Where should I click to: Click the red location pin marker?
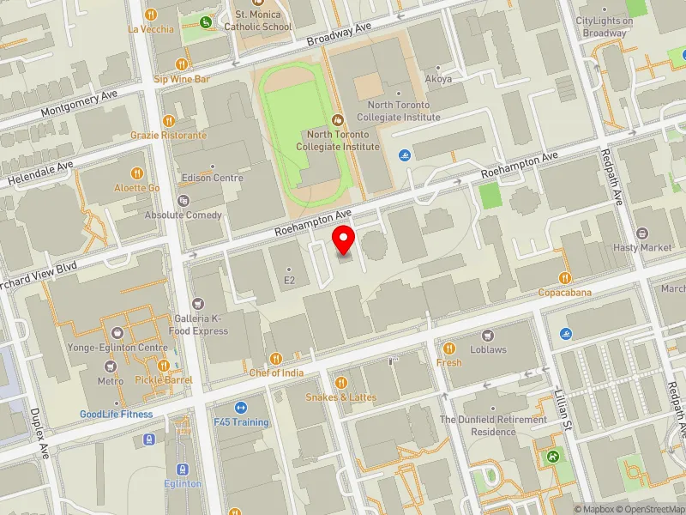(x=345, y=239)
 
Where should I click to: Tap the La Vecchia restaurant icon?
(x=151, y=14)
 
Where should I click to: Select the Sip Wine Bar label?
(x=182, y=79)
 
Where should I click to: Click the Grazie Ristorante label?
(x=168, y=135)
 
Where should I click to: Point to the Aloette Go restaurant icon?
(x=137, y=173)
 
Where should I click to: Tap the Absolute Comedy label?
(x=184, y=215)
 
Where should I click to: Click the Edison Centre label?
(x=214, y=178)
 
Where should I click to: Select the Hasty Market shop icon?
(x=643, y=233)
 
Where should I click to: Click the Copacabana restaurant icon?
(x=565, y=278)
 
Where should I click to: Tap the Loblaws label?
(x=489, y=349)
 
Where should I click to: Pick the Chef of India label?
(x=276, y=373)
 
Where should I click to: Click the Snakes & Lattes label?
(x=340, y=397)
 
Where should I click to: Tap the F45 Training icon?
(x=241, y=408)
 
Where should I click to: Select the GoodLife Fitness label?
(x=117, y=414)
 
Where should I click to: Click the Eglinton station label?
(x=183, y=483)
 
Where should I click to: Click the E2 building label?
(x=289, y=280)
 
